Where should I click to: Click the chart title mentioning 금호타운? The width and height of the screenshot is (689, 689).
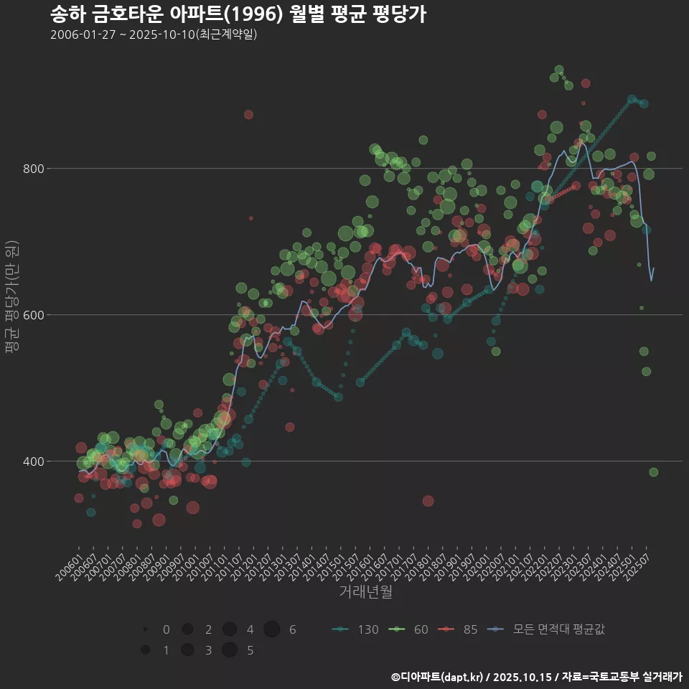pos(238,14)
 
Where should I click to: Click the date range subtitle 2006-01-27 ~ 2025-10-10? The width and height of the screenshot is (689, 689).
pos(154,34)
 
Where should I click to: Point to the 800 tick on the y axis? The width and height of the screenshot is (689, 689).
pos(34,169)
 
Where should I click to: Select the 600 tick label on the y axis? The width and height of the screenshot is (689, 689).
pos(34,315)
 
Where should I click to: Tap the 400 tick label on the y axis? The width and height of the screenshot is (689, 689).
pos(34,461)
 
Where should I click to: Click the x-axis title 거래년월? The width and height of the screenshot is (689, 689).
pos(365,592)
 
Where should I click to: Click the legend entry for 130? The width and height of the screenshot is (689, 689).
pos(356,629)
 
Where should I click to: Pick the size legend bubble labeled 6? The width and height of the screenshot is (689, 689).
pos(271,629)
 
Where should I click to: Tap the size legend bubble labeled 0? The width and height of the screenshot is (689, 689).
pos(145,629)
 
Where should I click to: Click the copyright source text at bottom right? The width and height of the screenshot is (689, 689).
pos(535,677)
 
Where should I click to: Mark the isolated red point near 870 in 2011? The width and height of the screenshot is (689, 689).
pos(248,114)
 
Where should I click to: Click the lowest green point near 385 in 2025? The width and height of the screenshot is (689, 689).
pos(653,472)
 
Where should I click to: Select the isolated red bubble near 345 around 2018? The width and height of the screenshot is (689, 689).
pos(428,500)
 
